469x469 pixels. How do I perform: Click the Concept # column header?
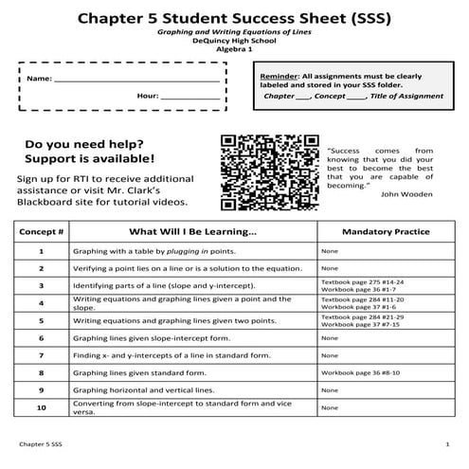click(x=41, y=231)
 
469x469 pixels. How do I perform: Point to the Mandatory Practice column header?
click(x=386, y=231)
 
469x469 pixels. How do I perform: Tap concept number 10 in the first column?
click(x=41, y=407)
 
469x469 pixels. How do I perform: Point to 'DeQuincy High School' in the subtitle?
click(x=234, y=41)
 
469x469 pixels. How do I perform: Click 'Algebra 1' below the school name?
click(x=234, y=49)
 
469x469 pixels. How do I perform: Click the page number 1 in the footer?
click(x=446, y=444)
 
